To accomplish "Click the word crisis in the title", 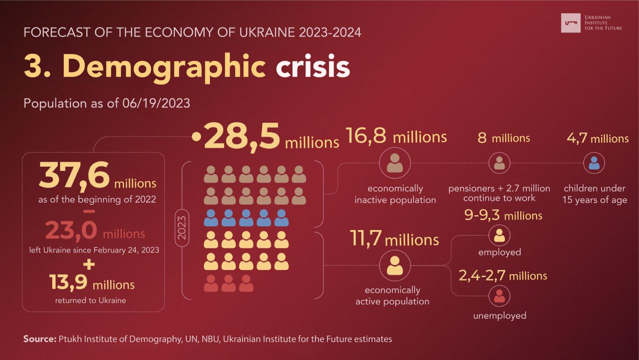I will (313, 67).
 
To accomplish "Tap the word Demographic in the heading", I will (164, 67).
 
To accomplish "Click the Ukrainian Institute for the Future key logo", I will (571, 22).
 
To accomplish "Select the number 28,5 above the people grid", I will (241, 138).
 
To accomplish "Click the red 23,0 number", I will (71, 231).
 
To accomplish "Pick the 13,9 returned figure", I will (69, 282).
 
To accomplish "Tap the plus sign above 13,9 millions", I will (89, 264).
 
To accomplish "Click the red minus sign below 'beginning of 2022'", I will (89, 211).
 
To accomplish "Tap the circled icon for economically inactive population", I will (395, 163).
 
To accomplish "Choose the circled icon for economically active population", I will (394, 265).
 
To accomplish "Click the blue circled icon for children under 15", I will (594, 163).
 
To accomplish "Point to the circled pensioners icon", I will (499, 163).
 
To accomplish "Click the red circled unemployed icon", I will (499, 296).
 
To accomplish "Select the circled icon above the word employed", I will (499, 235).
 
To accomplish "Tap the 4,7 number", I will (577, 138).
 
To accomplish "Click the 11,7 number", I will (365, 239).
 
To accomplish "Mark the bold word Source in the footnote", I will (39, 339).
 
